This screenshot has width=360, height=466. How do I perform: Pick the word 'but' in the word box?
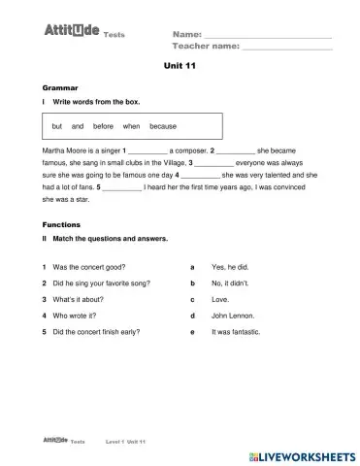tap(57, 126)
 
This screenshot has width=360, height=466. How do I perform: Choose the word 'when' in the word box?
tap(132, 126)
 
